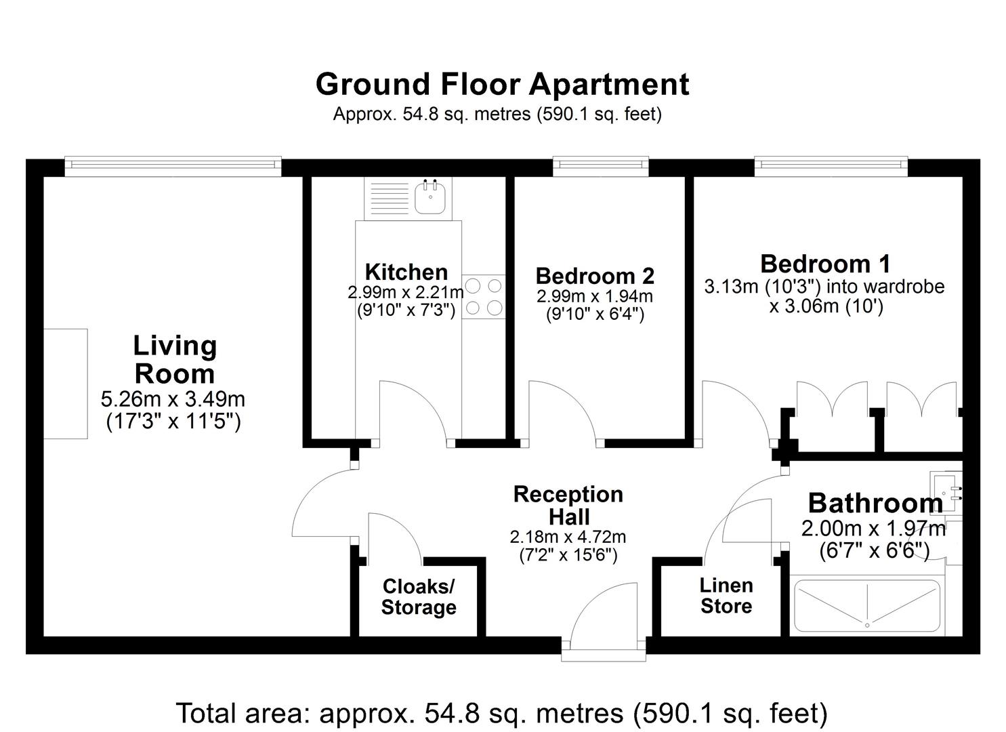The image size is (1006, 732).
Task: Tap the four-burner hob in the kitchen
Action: pyautogui.click(x=484, y=296)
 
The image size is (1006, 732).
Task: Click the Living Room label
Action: pyautogui.click(x=175, y=360)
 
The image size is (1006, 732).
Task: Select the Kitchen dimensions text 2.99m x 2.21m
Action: pyautogui.click(x=406, y=293)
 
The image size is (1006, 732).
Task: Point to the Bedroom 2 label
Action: pyautogui.click(x=595, y=276)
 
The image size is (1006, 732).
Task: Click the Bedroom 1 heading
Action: pyautogui.click(x=825, y=263)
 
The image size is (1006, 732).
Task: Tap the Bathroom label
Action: pyautogui.click(x=875, y=504)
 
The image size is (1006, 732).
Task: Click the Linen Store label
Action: pyautogui.click(x=726, y=595)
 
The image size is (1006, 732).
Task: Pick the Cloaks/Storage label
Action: pyautogui.click(x=419, y=596)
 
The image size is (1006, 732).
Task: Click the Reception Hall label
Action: pyautogui.click(x=568, y=505)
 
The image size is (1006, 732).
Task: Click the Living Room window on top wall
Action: pyautogui.click(x=173, y=164)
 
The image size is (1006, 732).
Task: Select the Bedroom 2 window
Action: pyautogui.click(x=600, y=164)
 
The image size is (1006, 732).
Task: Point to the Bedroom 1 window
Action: pyautogui.click(x=831, y=164)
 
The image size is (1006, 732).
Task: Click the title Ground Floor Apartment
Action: pyautogui.click(x=502, y=85)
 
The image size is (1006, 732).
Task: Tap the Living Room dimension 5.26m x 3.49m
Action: pyautogui.click(x=173, y=398)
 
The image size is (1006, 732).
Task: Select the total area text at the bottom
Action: pyautogui.click(x=502, y=713)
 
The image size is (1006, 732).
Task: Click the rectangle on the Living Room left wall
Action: pyautogui.click(x=66, y=384)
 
